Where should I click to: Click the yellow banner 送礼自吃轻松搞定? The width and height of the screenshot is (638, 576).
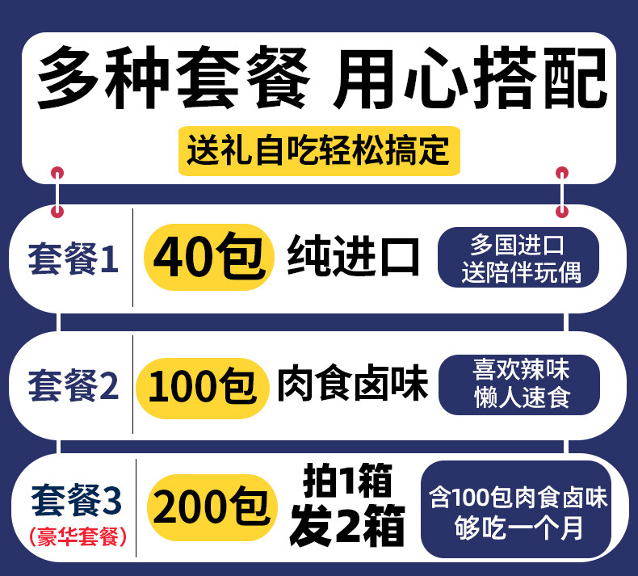(x=318, y=151)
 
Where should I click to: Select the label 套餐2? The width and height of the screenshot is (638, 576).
(x=73, y=387)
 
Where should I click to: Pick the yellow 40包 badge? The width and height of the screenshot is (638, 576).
(x=208, y=258)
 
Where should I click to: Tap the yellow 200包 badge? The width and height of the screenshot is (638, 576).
(x=208, y=508)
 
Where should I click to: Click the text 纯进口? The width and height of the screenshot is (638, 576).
(x=353, y=257)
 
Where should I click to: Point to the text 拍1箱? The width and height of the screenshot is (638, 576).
(x=347, y=483)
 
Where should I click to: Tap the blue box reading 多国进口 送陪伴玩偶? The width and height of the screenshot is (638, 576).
(x=518, y=258)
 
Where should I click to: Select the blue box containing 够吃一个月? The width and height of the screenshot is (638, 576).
(x=518, y=511)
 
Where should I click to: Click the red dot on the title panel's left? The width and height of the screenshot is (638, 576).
(x=57, y=173)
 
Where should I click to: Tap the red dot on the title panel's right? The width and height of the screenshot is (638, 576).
(x=562, y=173)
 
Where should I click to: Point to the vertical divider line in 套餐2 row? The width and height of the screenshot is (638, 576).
(x=132, y=385)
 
